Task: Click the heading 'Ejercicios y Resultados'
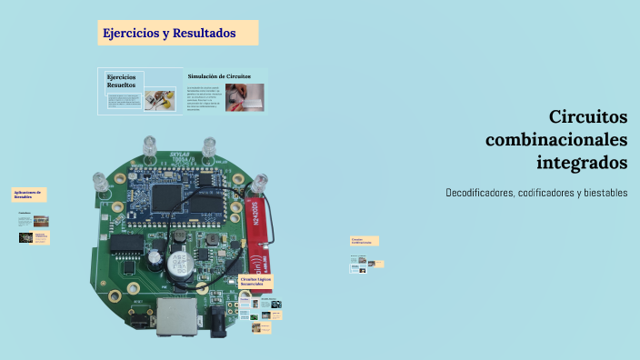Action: click(x=169, y=33)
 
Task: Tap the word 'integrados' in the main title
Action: click(x=582, y=163)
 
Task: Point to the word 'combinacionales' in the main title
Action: click(x=556, y=140)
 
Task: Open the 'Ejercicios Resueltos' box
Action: click(x=122, y=81)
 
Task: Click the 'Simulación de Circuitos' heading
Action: click(x=219, y=76)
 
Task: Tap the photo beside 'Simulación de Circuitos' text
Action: click(x=245, y=96)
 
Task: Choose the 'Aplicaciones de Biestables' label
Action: click(x=27, y=195)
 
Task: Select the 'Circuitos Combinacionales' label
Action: click(x=364, y=241)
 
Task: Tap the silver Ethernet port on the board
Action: click(x=172, y=315)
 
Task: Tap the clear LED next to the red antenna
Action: click(x=259, y=185)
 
